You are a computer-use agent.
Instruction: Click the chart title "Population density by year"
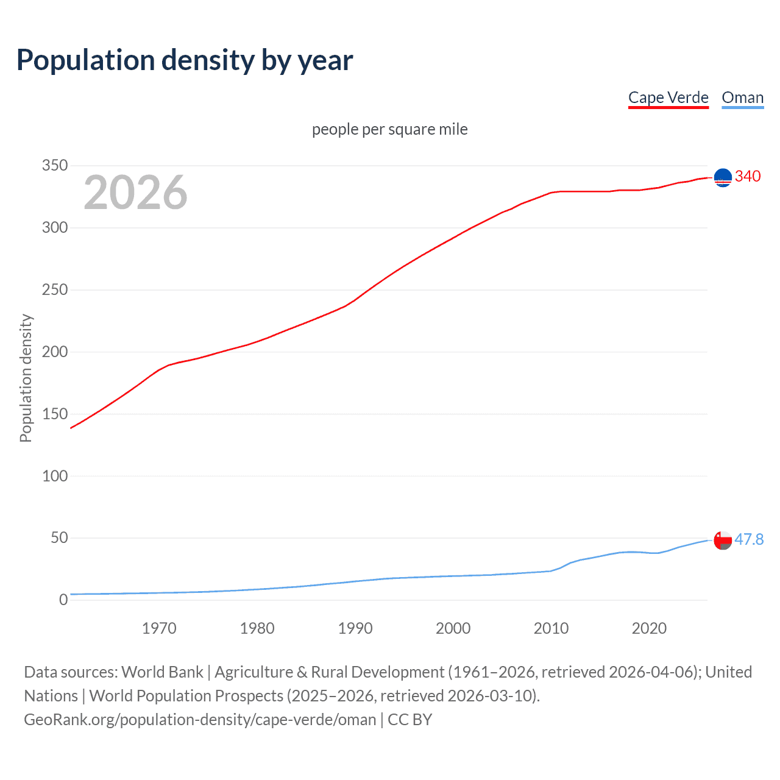tap(185, 60)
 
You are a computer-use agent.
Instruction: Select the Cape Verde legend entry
tap(668, 97)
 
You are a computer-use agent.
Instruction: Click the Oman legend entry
tap(742, 97)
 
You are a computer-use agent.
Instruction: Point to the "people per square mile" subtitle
tap(389, 129)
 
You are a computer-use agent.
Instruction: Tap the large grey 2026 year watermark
tap(135, 193)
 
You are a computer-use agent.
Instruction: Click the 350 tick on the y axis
tap(55, 166)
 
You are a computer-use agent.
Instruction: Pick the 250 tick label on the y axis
tap(55, 290)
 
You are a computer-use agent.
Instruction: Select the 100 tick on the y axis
tap(55, 476)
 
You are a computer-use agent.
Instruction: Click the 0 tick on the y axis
tap(63, 600)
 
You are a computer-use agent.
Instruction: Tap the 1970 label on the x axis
tap(159, 628)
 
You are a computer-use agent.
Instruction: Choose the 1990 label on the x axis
tap(355, 628)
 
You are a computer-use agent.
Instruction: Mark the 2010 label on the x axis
tap(551, 628)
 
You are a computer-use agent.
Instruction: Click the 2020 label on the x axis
tap(649, 628)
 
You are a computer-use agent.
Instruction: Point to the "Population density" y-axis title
tap(26, 378)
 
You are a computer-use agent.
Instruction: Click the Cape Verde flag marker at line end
tap(723, 177)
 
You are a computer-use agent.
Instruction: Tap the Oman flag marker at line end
tap(723, 540)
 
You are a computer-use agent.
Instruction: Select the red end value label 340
tap(748, 177)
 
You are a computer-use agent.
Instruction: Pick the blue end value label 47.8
tap(749, 539)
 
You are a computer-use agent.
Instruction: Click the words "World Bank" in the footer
tap(162, 672)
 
